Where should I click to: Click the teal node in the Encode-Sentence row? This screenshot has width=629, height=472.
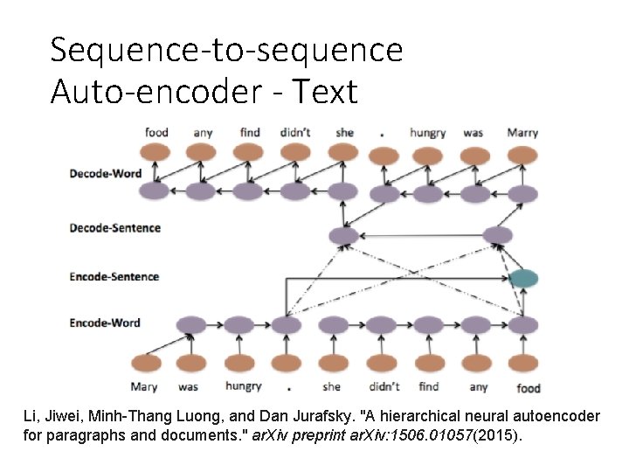point(524,279)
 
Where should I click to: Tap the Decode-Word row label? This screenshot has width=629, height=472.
point(106,173)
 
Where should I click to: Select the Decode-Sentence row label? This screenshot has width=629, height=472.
point(115,228)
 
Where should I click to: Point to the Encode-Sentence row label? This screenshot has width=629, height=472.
point(114,277)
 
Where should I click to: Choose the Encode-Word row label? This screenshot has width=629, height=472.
point(105,323)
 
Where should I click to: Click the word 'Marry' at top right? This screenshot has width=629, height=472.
point(522,133)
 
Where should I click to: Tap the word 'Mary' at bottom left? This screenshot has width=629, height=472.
point(144,387)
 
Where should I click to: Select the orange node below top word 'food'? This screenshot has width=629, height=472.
point(156,152)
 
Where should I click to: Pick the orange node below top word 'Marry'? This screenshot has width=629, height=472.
point(522,155)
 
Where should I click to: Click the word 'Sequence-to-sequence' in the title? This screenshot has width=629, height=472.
point(226,50)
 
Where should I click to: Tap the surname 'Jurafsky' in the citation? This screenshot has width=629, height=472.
point(321,415)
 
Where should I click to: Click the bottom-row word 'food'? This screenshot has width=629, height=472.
point(528,387)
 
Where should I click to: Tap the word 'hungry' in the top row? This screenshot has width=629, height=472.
point(428,133)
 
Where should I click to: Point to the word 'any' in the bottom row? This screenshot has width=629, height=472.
point(478,387)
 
